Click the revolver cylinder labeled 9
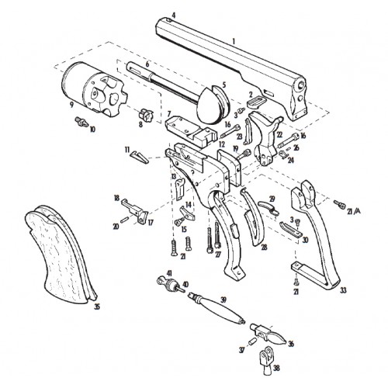click(95, 88)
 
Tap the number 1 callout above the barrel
click(234, 41)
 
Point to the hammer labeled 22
click(266, 137)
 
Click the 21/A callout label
click(354, 212)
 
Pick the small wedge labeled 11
click(140, 157)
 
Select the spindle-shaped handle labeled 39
click(217, 308)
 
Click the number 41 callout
click(169, 273)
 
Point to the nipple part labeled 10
click(81, 122)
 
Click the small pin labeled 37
click(252, 341)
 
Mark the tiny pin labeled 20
click(124, 218)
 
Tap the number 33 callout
click(343, 290)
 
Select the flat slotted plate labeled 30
click(291, 230)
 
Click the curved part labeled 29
click(268, 206)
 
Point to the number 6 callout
click(147, 64)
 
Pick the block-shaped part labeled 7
click(191, 132)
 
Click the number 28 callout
click(264, 248)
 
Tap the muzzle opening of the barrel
click(302, 85)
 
